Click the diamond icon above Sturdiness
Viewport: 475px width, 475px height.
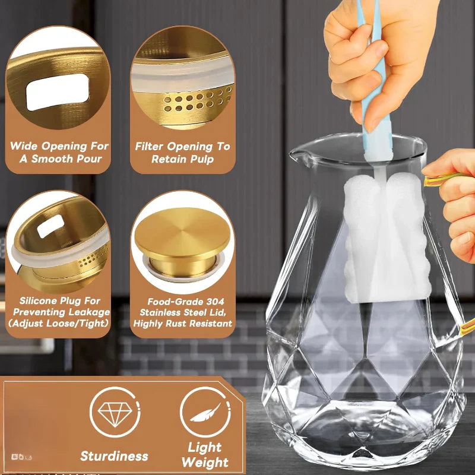tap(114, 411)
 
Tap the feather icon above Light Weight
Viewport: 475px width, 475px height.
tap(205, 411)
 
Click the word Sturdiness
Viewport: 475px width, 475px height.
tap(114, 456)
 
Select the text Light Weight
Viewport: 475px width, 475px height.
tap(205, 454)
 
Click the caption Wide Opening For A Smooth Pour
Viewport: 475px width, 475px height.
tap(59, 152)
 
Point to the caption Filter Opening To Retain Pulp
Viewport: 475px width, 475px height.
tap(182, 152)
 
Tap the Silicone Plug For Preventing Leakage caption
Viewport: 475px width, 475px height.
tap(59, 306)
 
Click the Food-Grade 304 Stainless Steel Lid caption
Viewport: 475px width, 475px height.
tap(183, 312)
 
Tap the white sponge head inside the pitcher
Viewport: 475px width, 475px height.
tap(386, 237)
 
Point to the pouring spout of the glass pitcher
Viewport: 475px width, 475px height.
tap(297, 156)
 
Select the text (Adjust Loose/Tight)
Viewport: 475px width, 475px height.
tap(59, 323)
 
